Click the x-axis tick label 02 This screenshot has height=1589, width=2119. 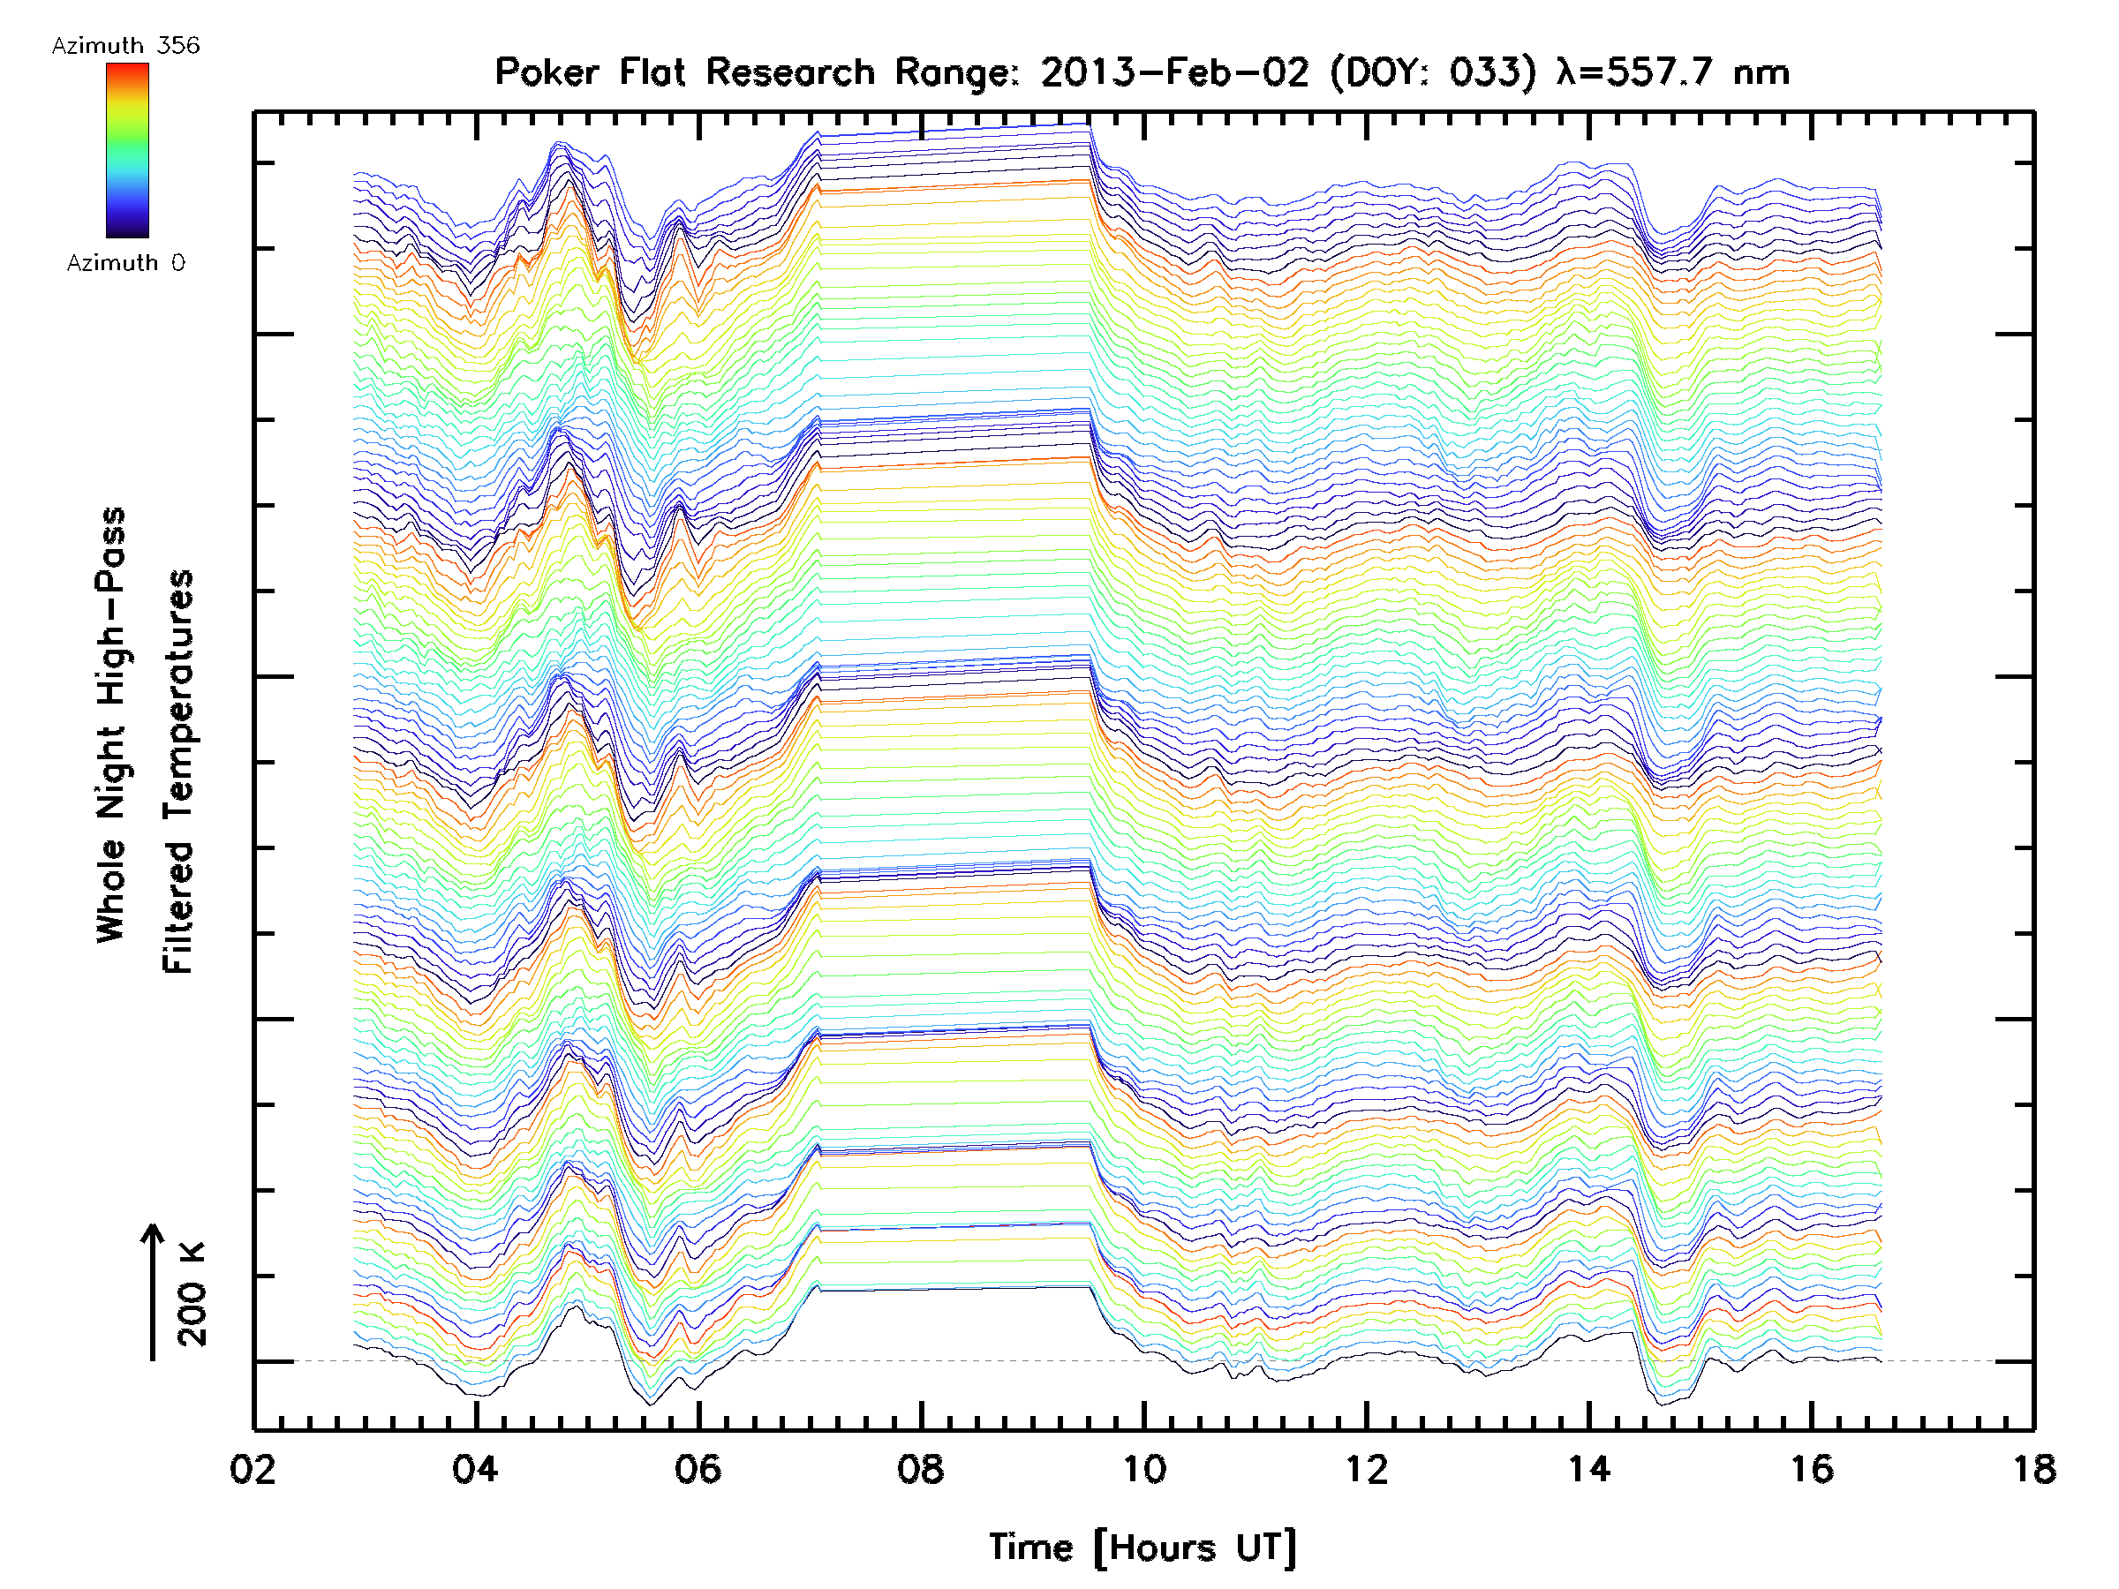click(x=253, y=1468)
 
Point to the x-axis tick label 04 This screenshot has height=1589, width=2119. click(x=475, y=1468)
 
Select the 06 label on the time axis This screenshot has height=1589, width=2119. click(x=698, y=1468)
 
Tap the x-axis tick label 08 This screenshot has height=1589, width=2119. click(x=921, y=1468)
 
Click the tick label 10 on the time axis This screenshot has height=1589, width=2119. click(x=1142, y=1468)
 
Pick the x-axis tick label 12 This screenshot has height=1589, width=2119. click(x=1366, y=1468)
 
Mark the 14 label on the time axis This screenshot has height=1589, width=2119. click(x=1588, y=1468)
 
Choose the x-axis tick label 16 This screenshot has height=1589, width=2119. click(x=1812, y=1468)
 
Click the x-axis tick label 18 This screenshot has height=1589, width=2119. click(x=2033, y=1468)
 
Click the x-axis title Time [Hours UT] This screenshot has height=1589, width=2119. click(x=1142, y=1548)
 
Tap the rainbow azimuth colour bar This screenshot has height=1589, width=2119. click(x=127, y=150)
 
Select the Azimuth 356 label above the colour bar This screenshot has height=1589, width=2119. click(x=125, y=46)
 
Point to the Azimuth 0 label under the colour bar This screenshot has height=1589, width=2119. click(x=125, y=262)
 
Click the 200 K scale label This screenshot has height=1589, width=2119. click(x=192, y=1294)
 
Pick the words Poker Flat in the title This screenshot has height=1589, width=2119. click(x=590, y=72)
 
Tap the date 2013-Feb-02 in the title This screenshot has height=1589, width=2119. click(x=1174, y=72)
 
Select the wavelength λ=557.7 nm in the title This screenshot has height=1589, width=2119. click(x=1672, y=72)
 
